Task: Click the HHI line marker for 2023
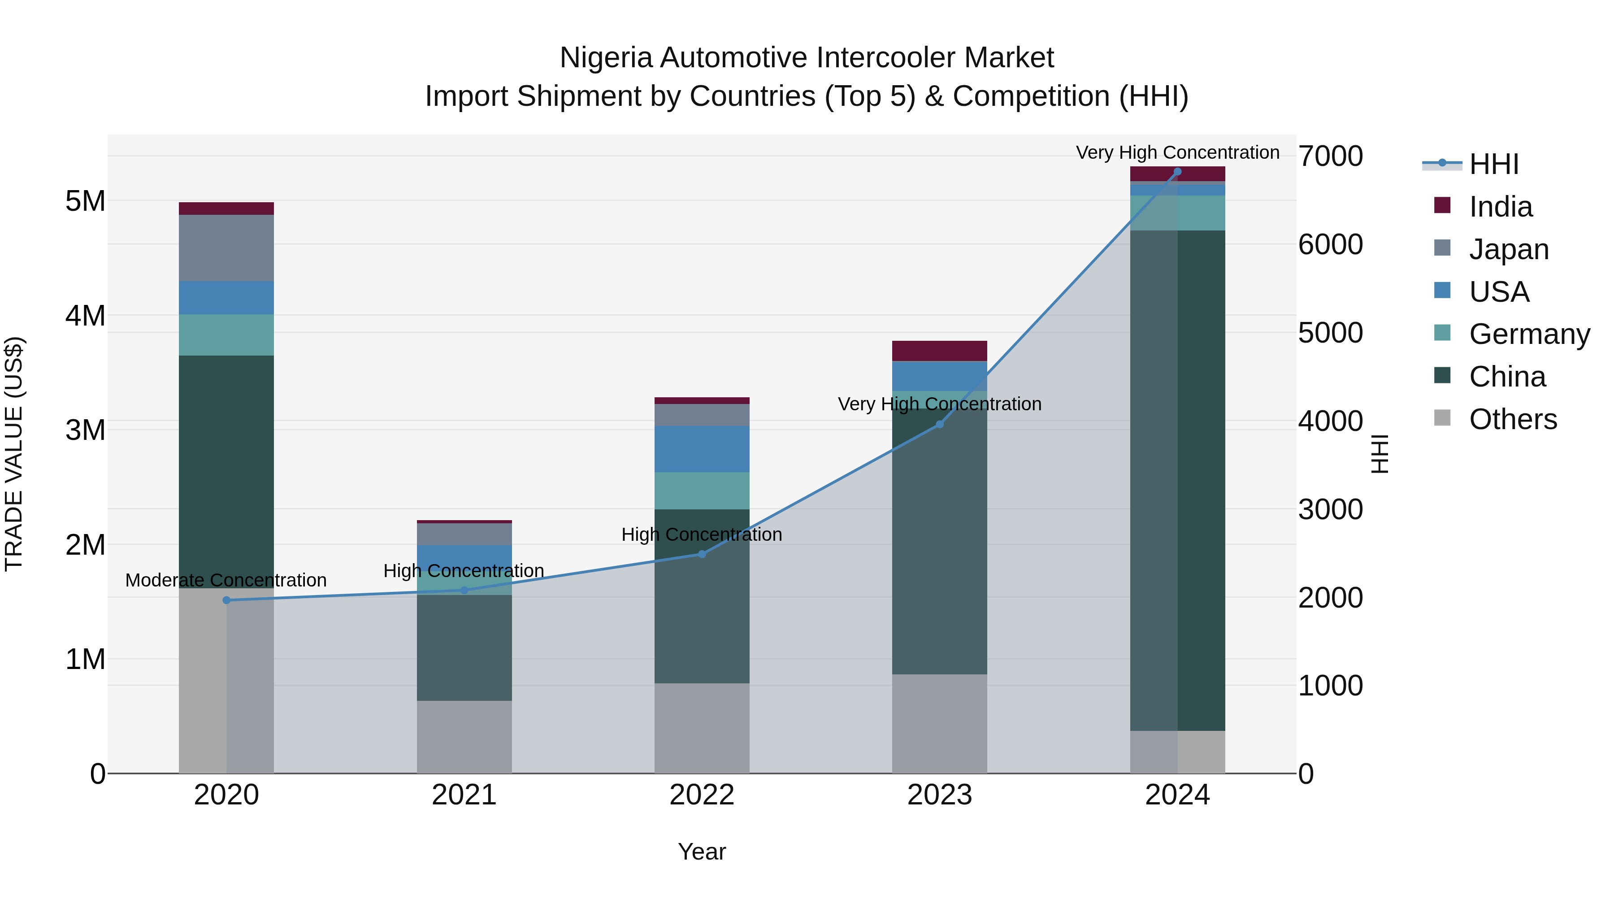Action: click(x=939, y=424)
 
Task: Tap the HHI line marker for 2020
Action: click(x=227, y=600)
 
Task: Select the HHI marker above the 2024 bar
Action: click(x=1177, y=172)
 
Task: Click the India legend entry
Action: click(x=1500, y=207)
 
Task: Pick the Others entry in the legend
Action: click(x=1513, y=419)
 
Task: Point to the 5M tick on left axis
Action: click(x=85, y=201)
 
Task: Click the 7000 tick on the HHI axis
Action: click(x=1330, y=156)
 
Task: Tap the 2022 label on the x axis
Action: click(x=702, y=795)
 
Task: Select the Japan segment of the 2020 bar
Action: click(x=227, y=248)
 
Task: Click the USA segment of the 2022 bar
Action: click(x=702, y=449)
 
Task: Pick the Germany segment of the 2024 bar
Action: click(x=1177, y=213)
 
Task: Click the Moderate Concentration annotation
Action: click(x=226, y=580)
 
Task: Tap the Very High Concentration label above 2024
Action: click(x=1177, y=152)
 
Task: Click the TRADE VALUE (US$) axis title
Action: click(x=14, y=454)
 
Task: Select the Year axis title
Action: click(x=702, y=852)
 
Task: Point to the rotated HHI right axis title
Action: click(x=1380, y=454)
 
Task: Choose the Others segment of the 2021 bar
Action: click(x=464, y=737)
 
